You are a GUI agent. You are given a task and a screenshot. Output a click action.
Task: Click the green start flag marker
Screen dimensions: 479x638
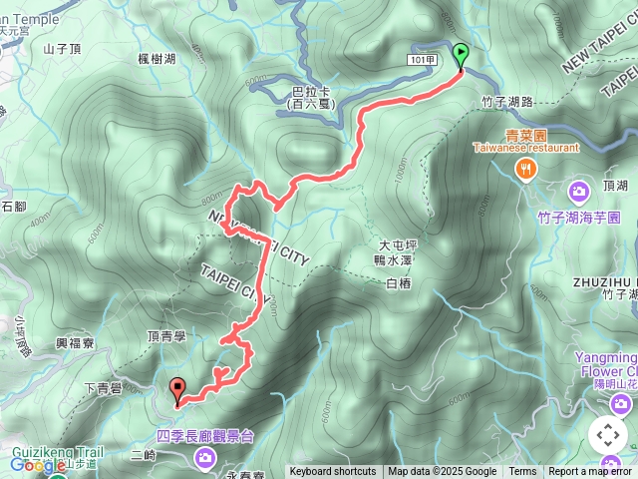[461, 56]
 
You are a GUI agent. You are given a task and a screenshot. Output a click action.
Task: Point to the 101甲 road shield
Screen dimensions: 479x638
[423, 60]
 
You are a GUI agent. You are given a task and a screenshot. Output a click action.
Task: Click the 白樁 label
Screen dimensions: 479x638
[397, 283]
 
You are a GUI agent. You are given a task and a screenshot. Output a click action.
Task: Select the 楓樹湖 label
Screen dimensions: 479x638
[158, 60]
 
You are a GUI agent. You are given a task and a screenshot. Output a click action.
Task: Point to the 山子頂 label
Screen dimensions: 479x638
[62, 47]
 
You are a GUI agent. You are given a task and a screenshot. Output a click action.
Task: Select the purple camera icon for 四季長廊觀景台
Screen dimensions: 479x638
[205, 457]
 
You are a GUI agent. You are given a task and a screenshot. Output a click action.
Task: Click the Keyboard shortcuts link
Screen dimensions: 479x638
[333, 472]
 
